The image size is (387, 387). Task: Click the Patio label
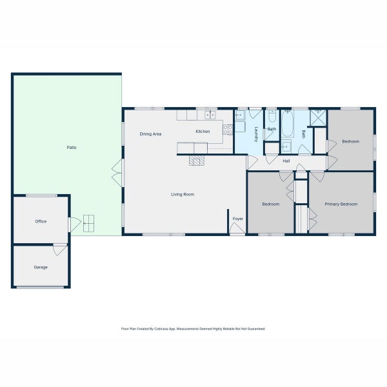click(72, 148)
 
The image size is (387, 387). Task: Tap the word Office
click(41, 221)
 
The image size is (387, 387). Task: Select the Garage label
click(41, 266)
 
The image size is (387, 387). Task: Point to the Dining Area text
click(150, 134)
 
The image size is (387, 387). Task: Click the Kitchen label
click(203, 132)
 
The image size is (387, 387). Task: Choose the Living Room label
click(183, 194)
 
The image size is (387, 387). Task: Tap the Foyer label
click(238, 219)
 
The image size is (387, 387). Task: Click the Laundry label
click(256, 134)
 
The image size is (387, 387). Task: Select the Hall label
click(286, 161)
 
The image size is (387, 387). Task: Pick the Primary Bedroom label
click(341, 204)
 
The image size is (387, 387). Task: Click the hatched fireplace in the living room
click(197, 159)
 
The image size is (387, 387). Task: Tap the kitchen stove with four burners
click(228, 129)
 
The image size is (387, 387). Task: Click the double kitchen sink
click(210, 115)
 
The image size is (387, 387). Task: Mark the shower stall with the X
click(318, 117)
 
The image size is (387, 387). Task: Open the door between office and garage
click(59, 248)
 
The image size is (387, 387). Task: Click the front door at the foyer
click(237, 230)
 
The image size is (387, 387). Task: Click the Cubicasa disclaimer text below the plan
click(193, 328)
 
